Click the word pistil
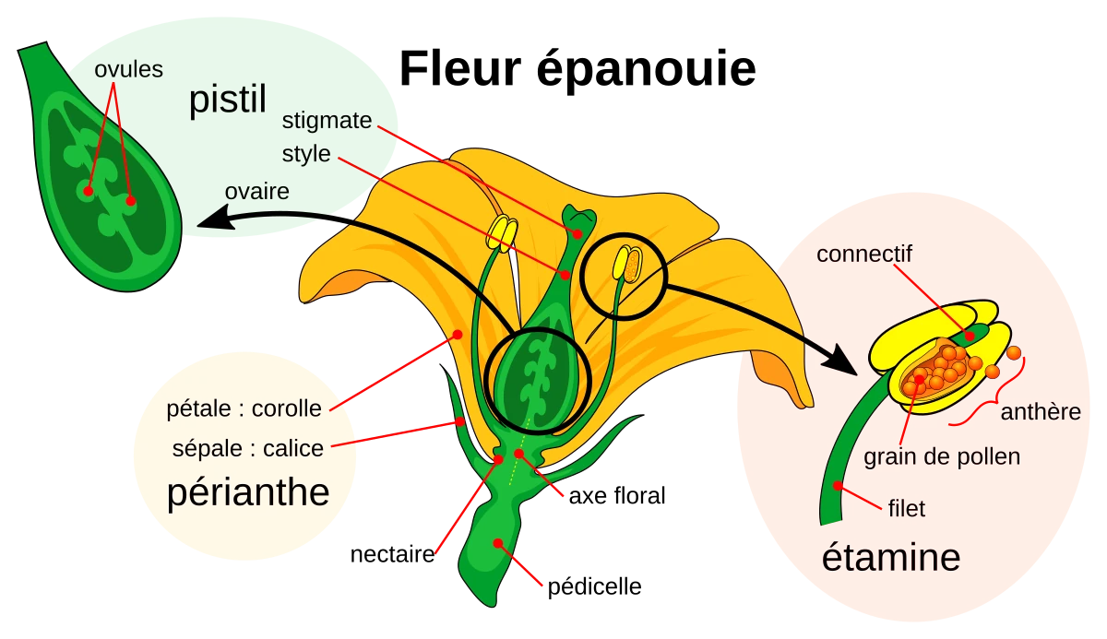coord(227,101)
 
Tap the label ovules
coord(128,70)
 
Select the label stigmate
coord(327,121)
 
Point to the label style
coord(305,153)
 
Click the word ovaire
coord(257,192)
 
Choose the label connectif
coord(863,254)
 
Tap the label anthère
coord(1041,411)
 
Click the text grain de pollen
coord(942,456)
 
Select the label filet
coord(905,507)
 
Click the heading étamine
coord(890,558)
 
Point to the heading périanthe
coord(248,493)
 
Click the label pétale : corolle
coord(244,408)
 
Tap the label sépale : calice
coord(248,449)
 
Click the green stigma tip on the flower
coord(579,219)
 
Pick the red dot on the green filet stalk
coord(838,485)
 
